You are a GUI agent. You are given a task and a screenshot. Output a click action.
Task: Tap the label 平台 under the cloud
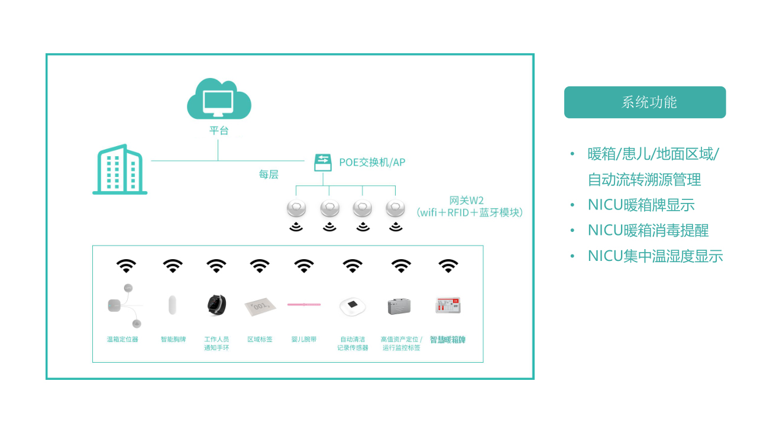coord(219,131)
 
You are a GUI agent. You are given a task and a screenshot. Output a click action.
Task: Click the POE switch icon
coord(323,162)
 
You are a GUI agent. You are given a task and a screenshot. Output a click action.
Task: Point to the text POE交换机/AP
coord(372,162)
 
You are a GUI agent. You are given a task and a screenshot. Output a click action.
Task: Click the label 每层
coord(268,175)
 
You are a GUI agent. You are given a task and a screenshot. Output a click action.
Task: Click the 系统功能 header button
coord(645,102)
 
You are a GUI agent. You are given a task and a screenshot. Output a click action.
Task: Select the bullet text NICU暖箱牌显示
coord(641,205)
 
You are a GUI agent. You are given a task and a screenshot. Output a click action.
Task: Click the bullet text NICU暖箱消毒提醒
coord(648,231)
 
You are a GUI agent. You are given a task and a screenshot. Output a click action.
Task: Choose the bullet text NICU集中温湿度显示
coord(655,256)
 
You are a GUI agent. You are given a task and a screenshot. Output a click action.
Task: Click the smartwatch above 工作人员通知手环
coord(216,305)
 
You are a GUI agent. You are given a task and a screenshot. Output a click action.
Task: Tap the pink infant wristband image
coord(304,304)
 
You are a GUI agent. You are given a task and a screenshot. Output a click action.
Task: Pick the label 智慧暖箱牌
coord(448,340)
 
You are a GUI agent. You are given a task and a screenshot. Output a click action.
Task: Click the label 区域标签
coord(260,340)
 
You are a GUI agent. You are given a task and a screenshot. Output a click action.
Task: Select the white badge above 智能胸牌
coord(173,305)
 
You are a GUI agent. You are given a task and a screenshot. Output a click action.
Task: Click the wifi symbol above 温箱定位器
coord(125,266)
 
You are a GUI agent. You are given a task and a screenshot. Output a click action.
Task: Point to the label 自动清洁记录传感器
coord(352,344)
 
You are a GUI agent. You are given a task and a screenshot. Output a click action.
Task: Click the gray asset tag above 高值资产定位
coord(400,306)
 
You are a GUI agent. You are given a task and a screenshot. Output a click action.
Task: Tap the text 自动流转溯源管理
coord(644,180)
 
